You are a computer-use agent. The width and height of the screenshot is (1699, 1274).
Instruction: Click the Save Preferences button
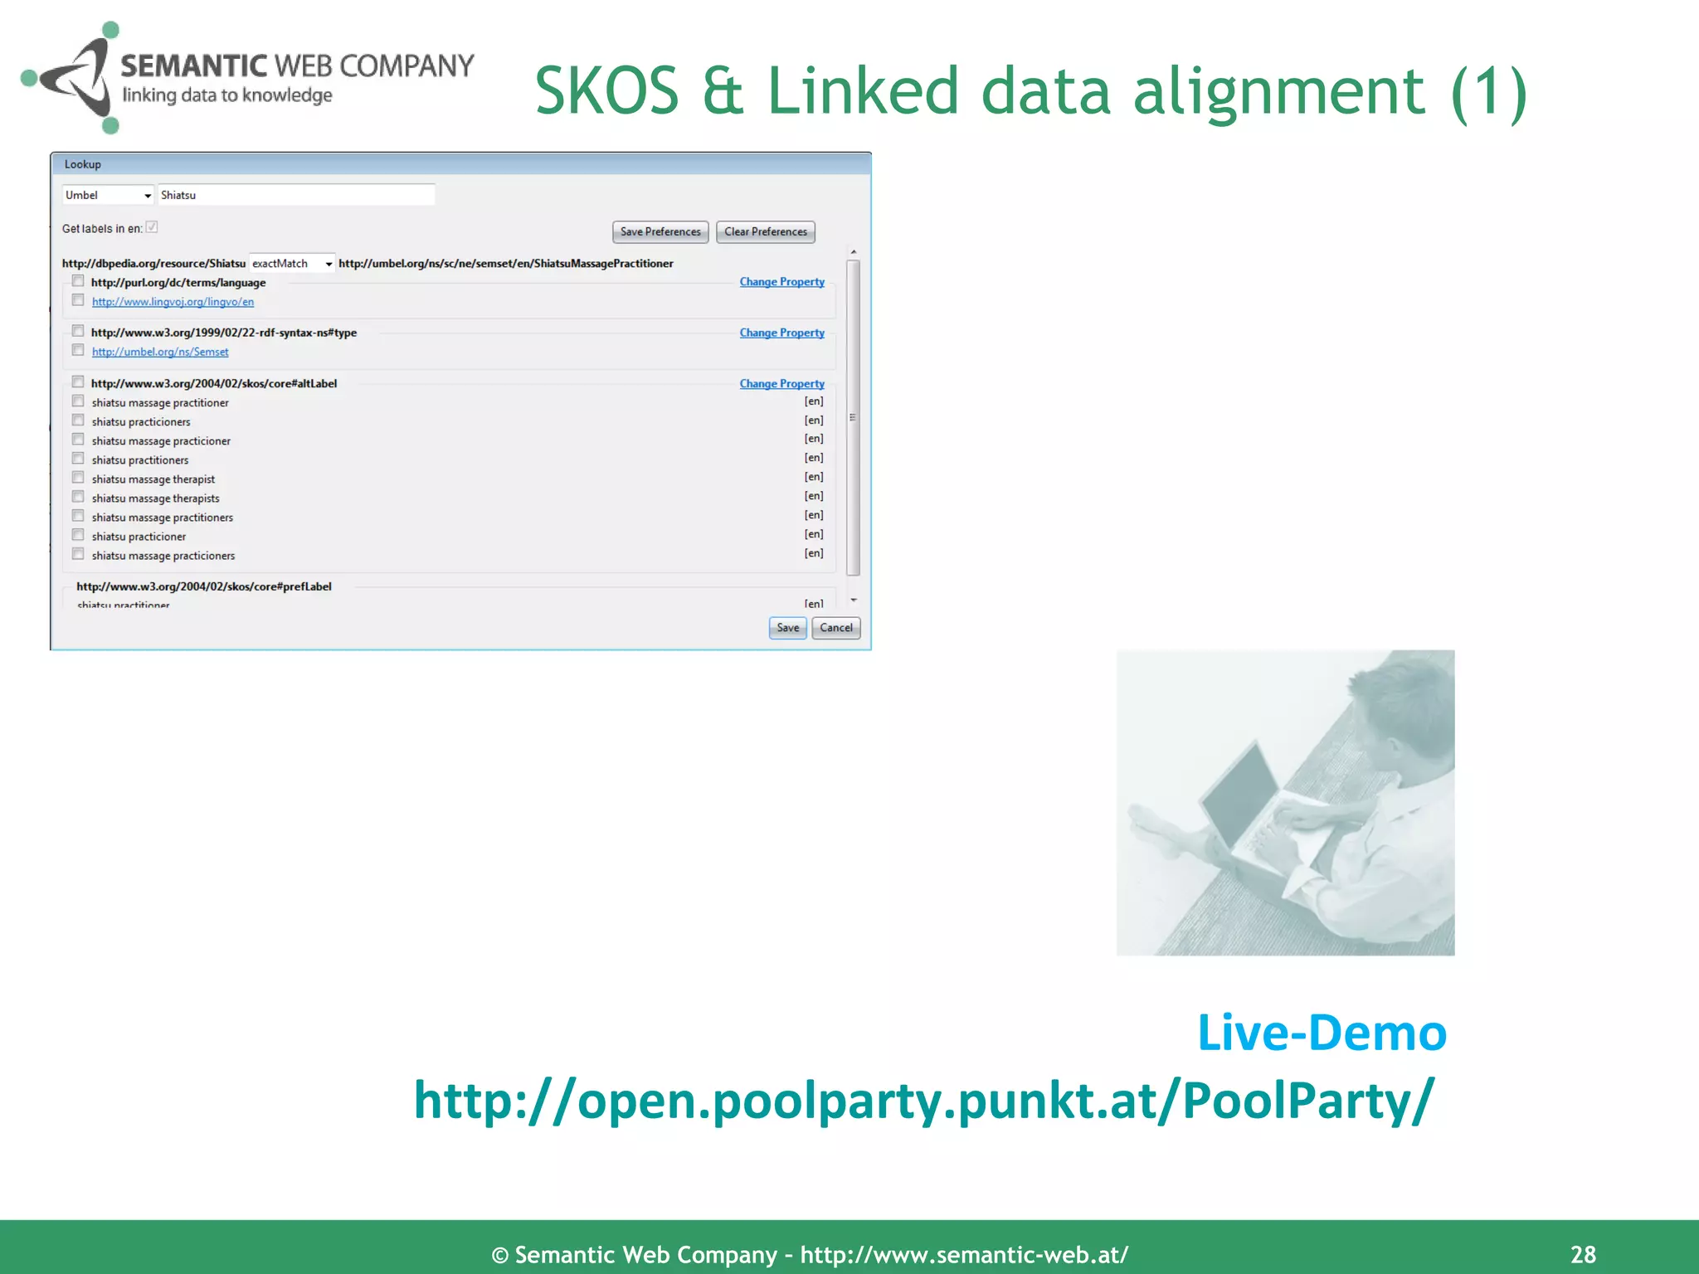click(x=660, y=231)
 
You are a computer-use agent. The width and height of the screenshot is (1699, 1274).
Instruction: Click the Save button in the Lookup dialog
click(x=787, y=628)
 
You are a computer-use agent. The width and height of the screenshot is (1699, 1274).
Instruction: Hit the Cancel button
click(x=835, y=628)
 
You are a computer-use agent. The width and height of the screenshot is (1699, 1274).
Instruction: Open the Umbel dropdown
click(x=108, y=195)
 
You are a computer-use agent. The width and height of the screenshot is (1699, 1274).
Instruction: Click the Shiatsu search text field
click(x=295, y=195)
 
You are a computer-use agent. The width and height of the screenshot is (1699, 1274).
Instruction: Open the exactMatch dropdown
click(x=292, y=264)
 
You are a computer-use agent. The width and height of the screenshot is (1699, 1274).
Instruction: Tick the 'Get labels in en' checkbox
click(x=152, y=227)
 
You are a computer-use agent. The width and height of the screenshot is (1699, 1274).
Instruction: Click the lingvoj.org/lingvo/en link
click(x=173, y=302)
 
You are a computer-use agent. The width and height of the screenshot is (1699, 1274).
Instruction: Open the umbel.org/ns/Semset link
click(x=160, y=353)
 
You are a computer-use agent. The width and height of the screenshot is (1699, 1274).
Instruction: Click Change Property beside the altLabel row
click(x=781, y=384)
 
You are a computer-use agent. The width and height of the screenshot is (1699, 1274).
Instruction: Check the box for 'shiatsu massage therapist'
click(x=78, y=478)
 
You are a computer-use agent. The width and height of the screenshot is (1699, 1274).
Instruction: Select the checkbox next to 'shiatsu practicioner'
click(x=78, y=535)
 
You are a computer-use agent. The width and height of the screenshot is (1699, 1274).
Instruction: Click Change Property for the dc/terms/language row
click(x=781, y=282)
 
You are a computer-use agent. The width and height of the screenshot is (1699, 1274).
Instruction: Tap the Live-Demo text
click(x=1322, y=1033)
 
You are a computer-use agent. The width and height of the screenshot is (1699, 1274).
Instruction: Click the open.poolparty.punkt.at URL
click(x=923, y=1101)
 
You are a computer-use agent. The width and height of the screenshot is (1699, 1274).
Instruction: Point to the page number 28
click(x=1583, y=1255)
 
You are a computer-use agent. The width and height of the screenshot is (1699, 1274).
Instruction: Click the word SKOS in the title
click(x=606, y=91)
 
